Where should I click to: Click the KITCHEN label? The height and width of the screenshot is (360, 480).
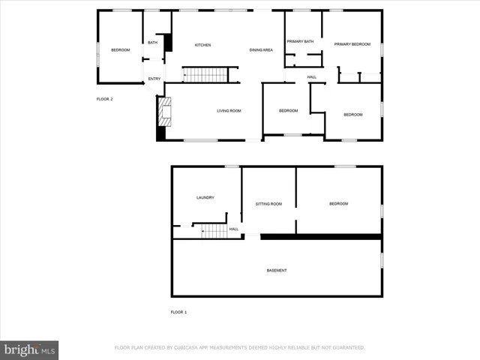[x=202, y=45]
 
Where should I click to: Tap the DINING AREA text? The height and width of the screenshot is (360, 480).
[x=261, y=49]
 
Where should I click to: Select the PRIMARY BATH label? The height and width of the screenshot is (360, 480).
[x=299, y=41]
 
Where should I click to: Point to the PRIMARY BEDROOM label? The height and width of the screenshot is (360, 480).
[x=352, y=44]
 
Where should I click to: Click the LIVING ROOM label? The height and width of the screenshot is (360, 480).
[x=229, y=111]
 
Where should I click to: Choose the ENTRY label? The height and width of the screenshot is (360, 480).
[x=154, y=79]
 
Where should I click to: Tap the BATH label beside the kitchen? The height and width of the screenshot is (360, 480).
[x=152, y=43]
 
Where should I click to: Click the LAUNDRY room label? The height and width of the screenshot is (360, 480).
[x=205, y=198]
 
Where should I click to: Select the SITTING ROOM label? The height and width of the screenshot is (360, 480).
[x=268, y=204]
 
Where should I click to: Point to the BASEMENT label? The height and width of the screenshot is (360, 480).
[x=276, y=270]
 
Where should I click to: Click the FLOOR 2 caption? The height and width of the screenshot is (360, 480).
[x=104, y=98]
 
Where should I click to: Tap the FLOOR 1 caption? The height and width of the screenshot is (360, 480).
[x=178, y=311]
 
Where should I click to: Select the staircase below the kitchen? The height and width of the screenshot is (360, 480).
[x=205, y=74]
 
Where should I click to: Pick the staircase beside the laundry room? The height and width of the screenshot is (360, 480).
[x=214, y=231]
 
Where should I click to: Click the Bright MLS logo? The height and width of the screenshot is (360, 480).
[x=29, y=349]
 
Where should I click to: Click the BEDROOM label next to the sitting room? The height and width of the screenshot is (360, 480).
[x=338, y=204]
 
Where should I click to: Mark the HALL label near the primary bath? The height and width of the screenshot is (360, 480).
[x=311, y=76]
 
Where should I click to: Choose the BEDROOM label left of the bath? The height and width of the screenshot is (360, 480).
[x=120, y=49]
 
